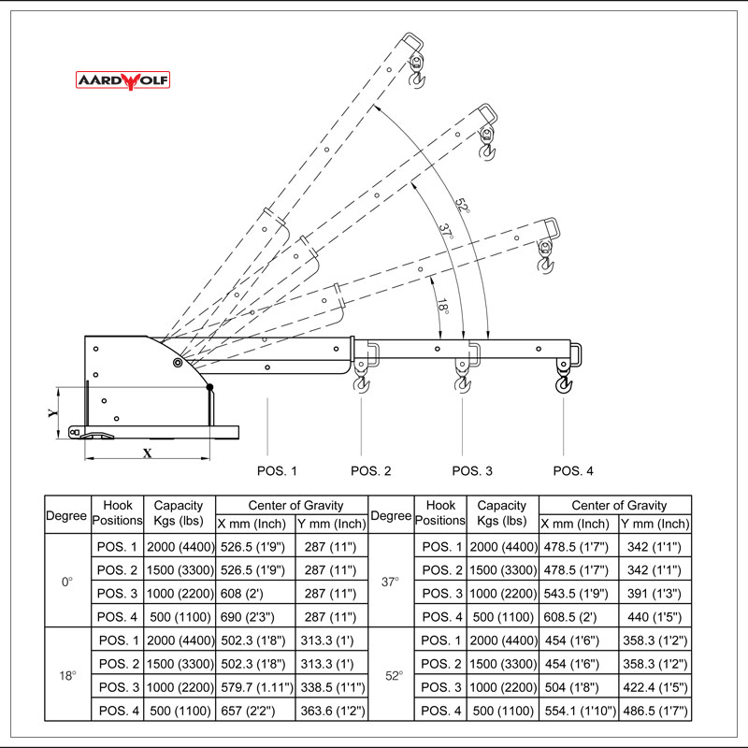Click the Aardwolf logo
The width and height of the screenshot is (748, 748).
[123, 81]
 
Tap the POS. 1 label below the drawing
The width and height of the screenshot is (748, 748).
[277, 470]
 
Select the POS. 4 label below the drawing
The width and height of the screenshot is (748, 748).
[573, 470]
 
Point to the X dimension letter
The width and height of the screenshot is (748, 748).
[147, 453]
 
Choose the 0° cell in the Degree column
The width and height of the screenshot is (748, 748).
[67, 582]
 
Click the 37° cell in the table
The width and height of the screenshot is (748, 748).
[391, 582]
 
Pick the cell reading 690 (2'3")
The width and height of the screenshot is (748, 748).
[255, 617]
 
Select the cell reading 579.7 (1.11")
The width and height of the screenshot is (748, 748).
[255, 688]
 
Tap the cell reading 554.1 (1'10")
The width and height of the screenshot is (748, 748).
[579, 712]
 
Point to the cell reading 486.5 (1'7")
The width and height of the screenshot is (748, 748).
[654, 712]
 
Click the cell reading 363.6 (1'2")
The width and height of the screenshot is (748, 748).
[331, 712]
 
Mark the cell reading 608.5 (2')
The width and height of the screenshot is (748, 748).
[579, 617]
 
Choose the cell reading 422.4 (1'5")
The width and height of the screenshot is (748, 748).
[654, 688]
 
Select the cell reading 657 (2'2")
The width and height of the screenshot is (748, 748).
[255, 712]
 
